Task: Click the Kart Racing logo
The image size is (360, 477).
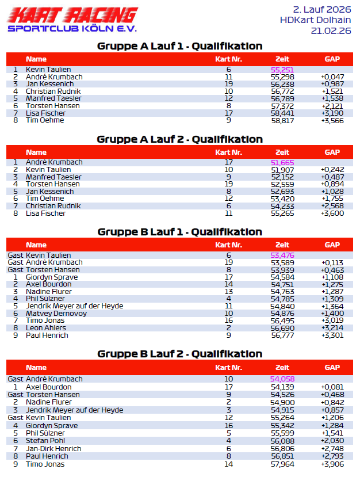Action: point(72,20)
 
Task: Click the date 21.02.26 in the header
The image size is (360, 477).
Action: point(331,31)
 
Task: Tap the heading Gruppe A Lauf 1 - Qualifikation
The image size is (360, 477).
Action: point(179,46)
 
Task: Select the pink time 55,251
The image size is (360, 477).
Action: point(282,70)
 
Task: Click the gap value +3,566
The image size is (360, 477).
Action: point(332,120)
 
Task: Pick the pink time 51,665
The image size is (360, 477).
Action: point(282,163)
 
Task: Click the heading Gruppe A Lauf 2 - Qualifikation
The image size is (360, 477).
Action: point(179,139)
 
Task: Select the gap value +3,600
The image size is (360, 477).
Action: point(332,213)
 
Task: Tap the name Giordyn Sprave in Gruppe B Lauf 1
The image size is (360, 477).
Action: point(52,277)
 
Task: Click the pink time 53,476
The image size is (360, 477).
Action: point(282,255)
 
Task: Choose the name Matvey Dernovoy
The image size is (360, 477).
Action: point(56,314)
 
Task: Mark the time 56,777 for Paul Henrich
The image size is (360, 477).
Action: point(282,335)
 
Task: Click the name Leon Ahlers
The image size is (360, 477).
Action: point(47,328)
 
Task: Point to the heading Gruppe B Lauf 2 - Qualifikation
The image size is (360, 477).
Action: point(179,354)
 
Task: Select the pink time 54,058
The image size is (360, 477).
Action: point(282,379)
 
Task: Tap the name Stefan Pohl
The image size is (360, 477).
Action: point(45,441)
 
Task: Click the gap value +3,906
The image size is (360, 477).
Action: point(332,464)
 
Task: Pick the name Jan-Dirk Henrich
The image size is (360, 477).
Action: point(53,449)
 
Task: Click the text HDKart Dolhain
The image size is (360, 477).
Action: point(315,20)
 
